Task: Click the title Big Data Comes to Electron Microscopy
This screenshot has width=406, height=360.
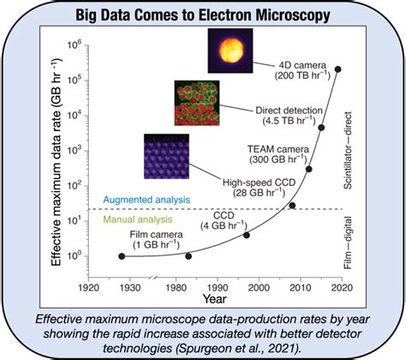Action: [x=203, y=15]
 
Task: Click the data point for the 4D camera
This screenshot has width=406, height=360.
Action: [x=338, y=69]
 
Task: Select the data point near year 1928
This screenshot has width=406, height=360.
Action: [x=122, y=255]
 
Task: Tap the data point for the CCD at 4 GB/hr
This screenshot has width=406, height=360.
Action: [x=247, y=235]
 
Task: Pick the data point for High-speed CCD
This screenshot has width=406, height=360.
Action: [x=292, y=205]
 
